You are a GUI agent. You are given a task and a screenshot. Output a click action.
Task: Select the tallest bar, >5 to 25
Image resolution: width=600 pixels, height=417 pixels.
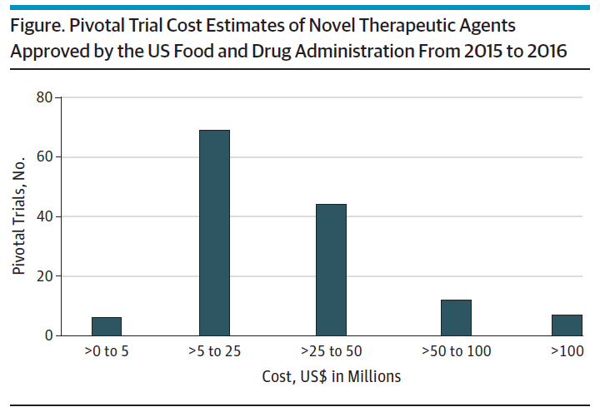click(x=214, y=233)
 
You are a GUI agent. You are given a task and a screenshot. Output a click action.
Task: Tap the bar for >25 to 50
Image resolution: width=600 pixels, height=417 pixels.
click(x=331, y=270)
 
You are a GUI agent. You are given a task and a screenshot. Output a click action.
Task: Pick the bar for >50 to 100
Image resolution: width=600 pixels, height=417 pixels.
click(x=456, y=318)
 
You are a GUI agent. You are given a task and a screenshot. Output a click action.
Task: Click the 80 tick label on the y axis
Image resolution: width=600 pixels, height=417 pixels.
click(x=44, y=97)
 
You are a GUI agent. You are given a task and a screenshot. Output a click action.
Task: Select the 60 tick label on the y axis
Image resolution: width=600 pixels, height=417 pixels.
click(x=44, y=156)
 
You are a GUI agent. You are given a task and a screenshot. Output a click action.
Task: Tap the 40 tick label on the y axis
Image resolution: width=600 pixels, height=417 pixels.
click(x=44, y=216)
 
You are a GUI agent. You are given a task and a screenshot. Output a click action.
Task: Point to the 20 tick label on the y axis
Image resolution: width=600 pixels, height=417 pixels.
click(x=44, y=276)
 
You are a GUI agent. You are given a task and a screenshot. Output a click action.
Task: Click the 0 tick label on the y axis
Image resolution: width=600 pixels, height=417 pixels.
click(x=47, y=335)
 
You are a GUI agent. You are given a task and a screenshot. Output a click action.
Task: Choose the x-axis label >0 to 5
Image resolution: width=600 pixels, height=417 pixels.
click(x=107, y=353)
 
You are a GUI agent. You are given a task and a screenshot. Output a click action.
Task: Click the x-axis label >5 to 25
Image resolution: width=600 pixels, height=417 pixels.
click(x=214, y=353)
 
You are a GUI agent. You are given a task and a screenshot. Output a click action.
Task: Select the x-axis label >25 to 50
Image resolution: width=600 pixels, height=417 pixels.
click(x=331, y=353)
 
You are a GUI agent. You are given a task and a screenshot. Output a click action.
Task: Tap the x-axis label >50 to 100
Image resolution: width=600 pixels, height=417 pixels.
click(x=456, y=353)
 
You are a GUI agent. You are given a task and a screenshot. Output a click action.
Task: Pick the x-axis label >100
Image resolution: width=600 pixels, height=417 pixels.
click(x=566, y=353)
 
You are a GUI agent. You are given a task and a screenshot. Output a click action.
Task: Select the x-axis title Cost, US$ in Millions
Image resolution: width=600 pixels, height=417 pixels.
click(x=331, y=377)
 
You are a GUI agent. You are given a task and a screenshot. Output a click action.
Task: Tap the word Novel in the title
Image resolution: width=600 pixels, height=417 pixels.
click(x=345, y=23)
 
